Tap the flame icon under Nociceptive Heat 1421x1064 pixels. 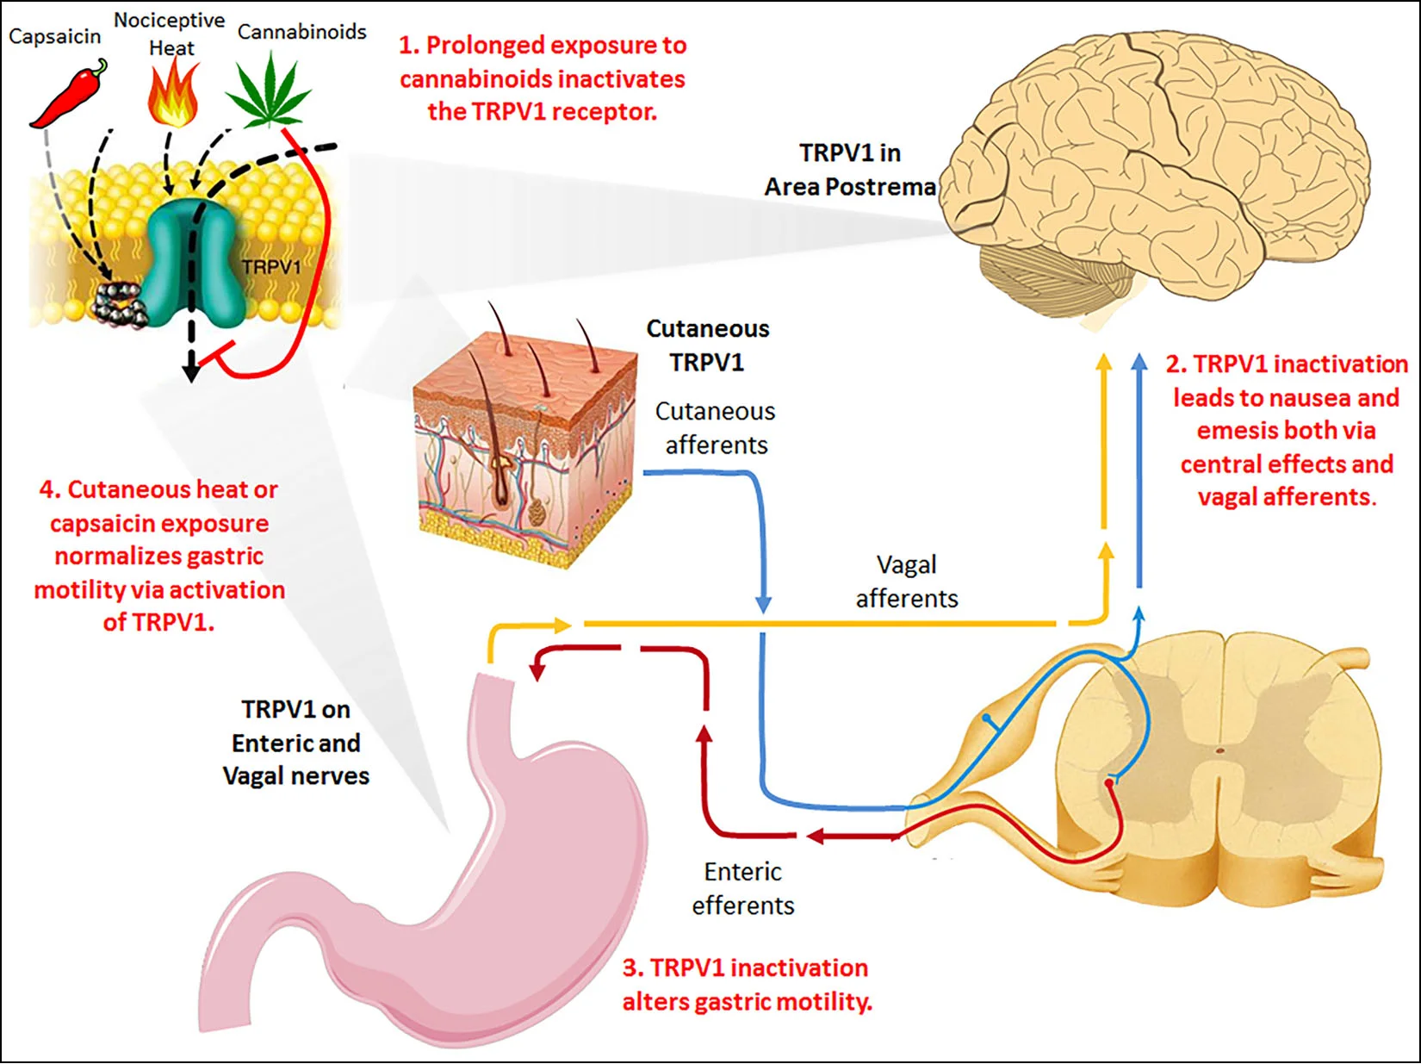173,92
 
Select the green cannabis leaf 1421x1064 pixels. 269,90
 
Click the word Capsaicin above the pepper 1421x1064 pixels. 55,36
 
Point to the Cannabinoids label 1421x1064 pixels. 301,32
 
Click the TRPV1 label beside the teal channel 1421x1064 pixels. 272,267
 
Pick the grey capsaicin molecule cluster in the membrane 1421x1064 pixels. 120,304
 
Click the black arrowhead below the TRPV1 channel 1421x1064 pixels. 191,371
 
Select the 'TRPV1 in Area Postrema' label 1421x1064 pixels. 850,170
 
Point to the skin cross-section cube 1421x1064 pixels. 525,447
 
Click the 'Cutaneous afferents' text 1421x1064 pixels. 716,428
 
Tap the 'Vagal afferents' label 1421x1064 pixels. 907,582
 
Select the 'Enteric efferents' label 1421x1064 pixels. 743,888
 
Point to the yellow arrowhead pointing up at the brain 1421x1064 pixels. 1104,362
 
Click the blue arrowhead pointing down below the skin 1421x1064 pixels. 764,604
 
